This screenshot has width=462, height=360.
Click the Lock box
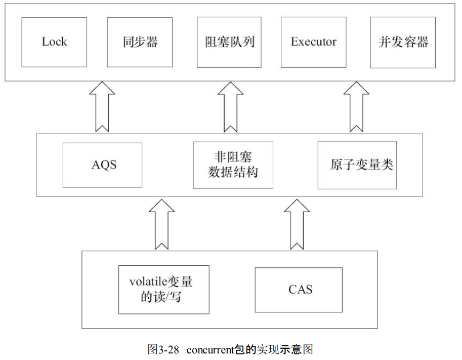pos(54,42)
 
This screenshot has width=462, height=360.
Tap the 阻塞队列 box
pos(230,42)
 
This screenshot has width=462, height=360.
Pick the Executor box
pos(314,42)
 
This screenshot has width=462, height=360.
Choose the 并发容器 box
pos(403,42)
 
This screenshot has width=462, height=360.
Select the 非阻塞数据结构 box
pos(233,165)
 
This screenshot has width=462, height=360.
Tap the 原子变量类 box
pos(357,165)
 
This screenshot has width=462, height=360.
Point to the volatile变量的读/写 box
pos(163,290)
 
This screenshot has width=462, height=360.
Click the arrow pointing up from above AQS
pos(102,107)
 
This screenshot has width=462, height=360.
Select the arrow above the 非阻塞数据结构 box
pos(230,107)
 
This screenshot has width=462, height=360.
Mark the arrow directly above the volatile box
pos(162,223)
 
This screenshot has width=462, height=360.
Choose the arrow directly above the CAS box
pos(297,223)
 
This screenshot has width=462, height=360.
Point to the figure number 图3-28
pos(163,350)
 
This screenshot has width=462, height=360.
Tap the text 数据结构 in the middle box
pos(233,173)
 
